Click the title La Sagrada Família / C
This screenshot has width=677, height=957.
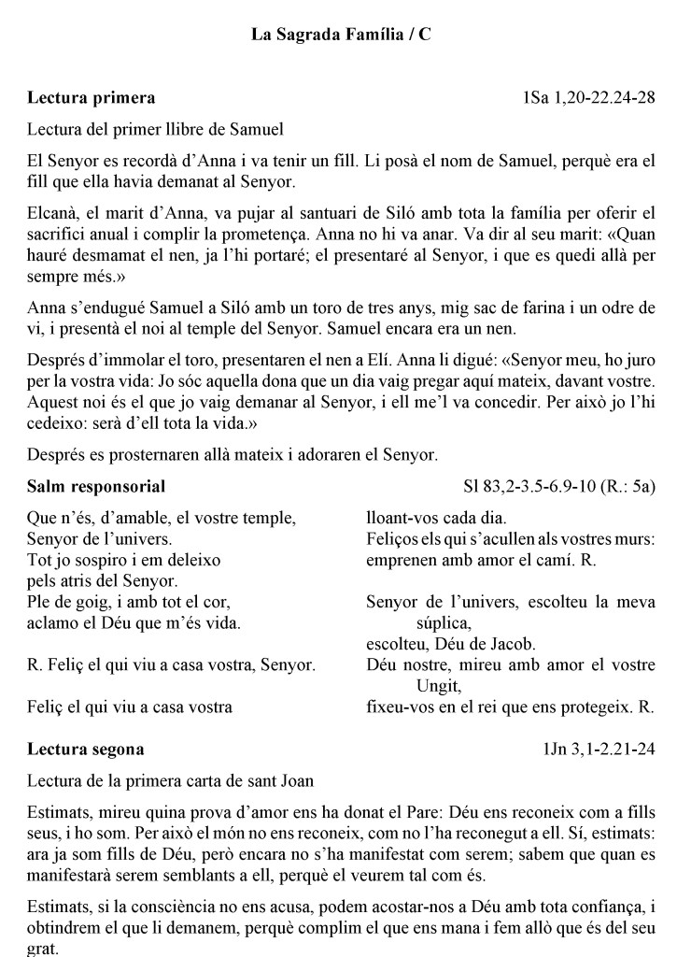tap(341, 35)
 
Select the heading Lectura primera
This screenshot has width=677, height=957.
tap(91, 97)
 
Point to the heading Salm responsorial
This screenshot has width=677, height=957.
tap(96, 486)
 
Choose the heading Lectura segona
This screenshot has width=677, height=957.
tap(86, 750)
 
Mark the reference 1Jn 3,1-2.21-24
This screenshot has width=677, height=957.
tap(599, 750)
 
